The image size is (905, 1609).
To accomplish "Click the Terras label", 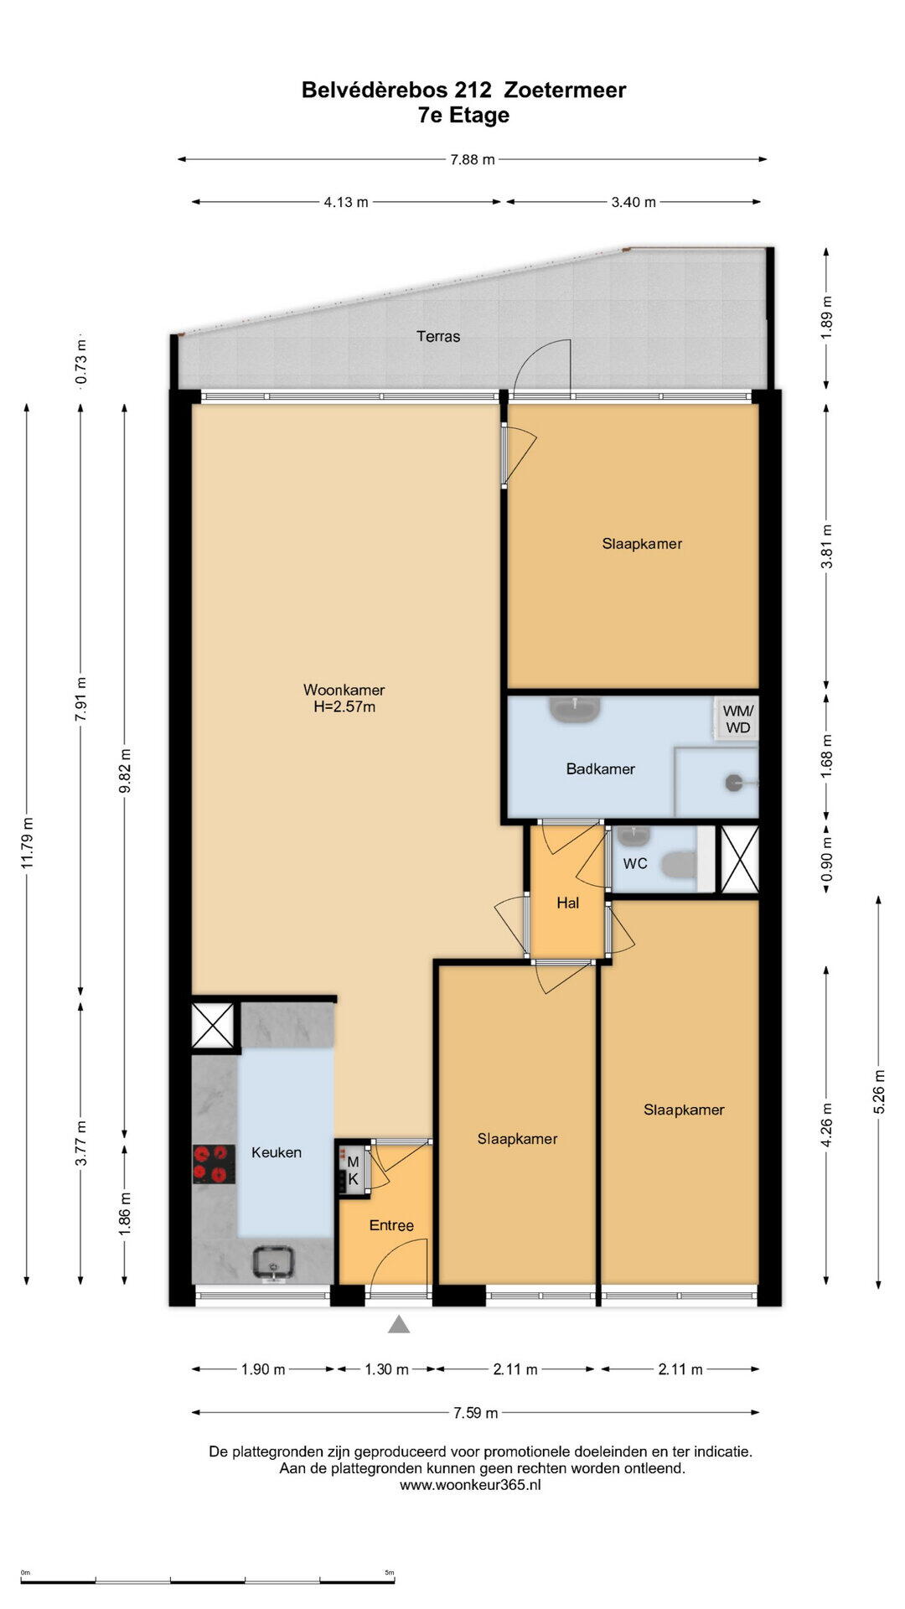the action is [x=438, y=336].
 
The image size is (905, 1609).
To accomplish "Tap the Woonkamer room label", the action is [x=344, y=691].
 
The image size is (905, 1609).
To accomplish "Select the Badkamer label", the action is [x=600, y=768].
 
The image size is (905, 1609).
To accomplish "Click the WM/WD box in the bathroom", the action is [x=737, y=719].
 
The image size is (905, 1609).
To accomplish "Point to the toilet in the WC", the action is [x=680, y=863].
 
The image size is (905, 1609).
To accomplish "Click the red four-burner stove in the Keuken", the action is [x=214, y=1164].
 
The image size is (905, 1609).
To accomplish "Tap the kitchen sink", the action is [x=275, y=1263].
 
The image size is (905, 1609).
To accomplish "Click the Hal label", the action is [x=568, y=903].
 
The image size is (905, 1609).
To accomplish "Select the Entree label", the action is [x=391, y=1225].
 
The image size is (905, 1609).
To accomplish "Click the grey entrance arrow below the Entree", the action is [x=399, y=1324].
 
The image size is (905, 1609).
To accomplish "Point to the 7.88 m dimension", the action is [x=473, y=159].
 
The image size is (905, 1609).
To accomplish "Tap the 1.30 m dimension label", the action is [x=386, y=1369].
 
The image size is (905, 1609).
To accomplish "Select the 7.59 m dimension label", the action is [x=476, y=1413].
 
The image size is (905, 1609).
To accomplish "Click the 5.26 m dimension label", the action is [x=879, y=1092].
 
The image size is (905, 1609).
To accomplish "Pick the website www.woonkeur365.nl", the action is [x=470, y=1484].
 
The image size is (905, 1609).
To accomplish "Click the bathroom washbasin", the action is [x=575, y=710].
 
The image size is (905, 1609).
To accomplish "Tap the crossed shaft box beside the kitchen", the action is [x=212, y=1025].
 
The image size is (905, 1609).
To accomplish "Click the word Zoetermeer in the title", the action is [x=565, y=90].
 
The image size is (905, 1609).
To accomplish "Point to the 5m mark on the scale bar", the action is [x=390, y=1573].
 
